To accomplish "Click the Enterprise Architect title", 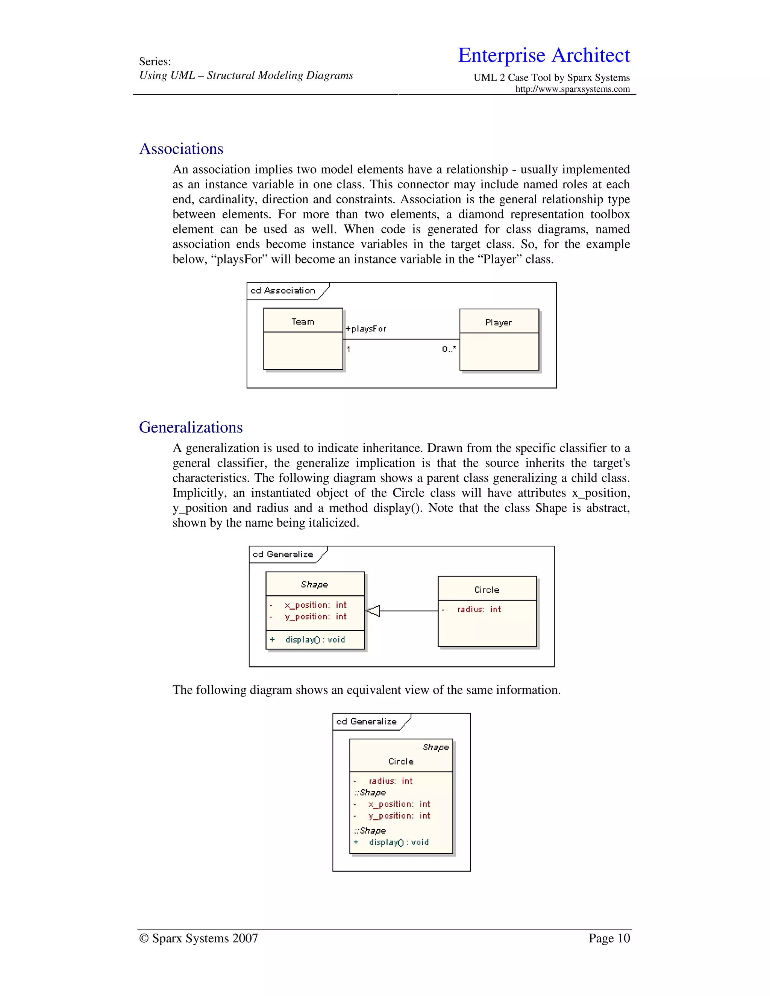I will coord(544,55).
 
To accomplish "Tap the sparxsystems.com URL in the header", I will coord(573,89).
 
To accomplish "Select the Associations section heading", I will coord(181,149).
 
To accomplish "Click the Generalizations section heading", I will coord(191,427).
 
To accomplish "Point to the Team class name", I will coord(303,321).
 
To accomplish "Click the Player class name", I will coord(499,322).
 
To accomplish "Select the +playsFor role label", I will coord(366,329).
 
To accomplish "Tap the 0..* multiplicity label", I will coord(449,349).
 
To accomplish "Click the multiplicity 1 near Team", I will coord(349,349).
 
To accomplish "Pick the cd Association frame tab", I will coord(283,291).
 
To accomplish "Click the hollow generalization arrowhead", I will coord(373,611).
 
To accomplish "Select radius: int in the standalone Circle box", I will coord(479,609).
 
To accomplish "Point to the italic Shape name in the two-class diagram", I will coord(314,584).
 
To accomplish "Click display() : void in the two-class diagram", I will coord(315,639).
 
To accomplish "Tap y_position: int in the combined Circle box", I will coord(399,816).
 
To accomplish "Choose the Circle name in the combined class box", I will coord(401,761).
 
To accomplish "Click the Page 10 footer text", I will coord(609,938).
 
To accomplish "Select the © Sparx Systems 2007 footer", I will coord(199,938).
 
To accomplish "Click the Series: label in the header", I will coord(155,62).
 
